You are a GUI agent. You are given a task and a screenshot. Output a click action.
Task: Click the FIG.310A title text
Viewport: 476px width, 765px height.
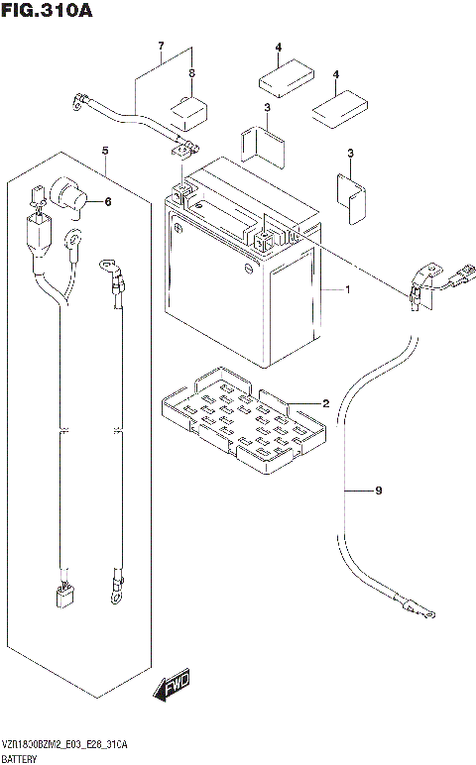tap(47, 10)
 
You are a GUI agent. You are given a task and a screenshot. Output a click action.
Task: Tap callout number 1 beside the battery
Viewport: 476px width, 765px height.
tap(348, 289)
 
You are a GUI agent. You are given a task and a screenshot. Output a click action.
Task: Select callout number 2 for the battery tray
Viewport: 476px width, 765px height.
tap(325, 403)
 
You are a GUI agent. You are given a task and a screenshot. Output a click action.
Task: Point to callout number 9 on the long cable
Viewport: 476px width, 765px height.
tap(379, 491)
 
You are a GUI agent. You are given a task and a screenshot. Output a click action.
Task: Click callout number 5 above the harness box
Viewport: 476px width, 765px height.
tap(105, 151)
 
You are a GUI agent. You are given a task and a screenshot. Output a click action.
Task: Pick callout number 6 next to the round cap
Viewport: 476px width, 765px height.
tap(108, 201)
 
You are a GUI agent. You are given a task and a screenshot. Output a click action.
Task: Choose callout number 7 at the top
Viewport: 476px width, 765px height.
tap(161, 47)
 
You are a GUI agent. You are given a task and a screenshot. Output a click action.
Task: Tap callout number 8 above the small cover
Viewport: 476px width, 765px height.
tap(191, 73)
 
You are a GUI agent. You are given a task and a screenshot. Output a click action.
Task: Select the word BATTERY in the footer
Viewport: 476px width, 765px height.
tap(19, 759)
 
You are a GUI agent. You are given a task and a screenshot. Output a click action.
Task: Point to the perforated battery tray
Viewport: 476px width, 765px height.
tap(243, 420)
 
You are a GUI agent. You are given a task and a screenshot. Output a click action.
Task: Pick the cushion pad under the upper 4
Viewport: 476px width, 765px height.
tap(286, 78)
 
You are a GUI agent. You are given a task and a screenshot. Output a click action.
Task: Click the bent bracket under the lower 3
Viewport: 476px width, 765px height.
tap(350, 198)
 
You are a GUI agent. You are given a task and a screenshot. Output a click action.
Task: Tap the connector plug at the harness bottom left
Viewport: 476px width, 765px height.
tap(63, 596)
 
